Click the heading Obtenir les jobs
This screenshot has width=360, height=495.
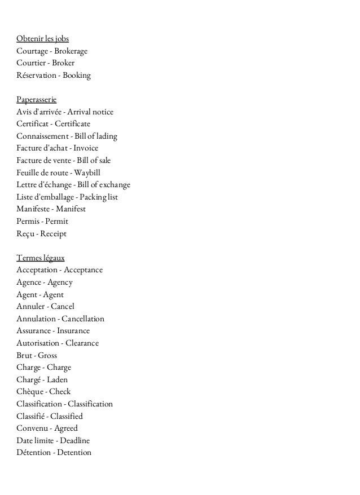pyautogui.click(x=43, y=39)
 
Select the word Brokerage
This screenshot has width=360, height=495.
pyautogui.click(x=70, y=51)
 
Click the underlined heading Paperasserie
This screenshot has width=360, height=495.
pyautogui.click(x=37, y=100)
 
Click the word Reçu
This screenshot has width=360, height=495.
pyautogui.click(x=25, y=233)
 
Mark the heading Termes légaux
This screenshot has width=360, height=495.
pyautogui.click(x=41, y=258)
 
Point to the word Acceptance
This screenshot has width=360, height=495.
pyautogui.click(x=83, y=270)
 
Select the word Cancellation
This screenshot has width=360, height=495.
pyautogui.click(x=83, y=319)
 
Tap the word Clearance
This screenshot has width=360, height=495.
pyautogui.click(x=82, y=343)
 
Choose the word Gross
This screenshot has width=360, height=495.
pyautogui.click(x=47, y=355)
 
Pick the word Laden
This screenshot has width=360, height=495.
pyautogui.click(x=56, y=379)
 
